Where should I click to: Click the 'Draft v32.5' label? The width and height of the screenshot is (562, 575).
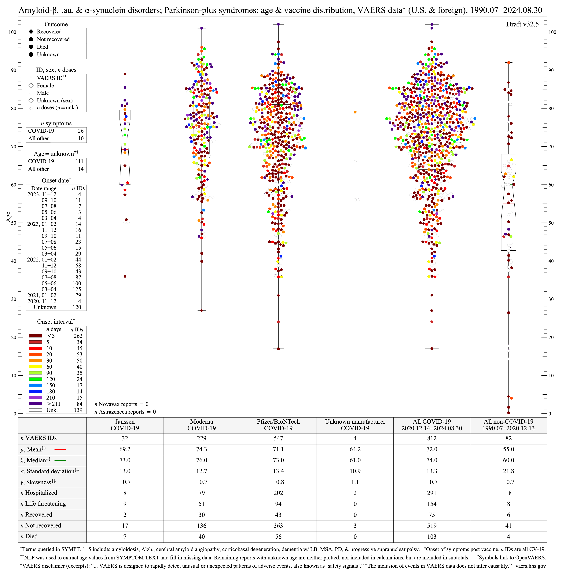click(522, 24)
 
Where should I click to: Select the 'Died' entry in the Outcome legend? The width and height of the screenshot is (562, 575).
click(42, 47)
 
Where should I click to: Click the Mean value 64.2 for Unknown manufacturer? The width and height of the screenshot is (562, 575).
click(355, 449)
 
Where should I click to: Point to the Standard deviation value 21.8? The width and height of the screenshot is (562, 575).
click(508, 471)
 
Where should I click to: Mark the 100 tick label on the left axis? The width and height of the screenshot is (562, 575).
click(12, 32)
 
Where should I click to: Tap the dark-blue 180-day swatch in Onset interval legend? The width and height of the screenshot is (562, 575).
click(35, 391)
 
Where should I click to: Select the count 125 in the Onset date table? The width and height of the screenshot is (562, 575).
click(77, 289)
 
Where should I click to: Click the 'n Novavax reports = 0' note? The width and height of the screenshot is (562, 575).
click(121, 404)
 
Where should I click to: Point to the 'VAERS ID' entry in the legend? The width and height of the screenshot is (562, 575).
click(50, 78)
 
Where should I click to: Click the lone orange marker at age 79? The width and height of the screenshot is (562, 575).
click(355, 112)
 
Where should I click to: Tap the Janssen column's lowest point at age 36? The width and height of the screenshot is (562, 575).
click(125, 276)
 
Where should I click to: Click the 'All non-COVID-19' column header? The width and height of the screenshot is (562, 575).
click(508, 425)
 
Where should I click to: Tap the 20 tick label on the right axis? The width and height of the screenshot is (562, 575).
click(551, 337)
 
